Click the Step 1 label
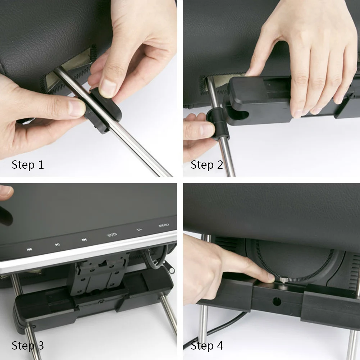[x=28, y=165]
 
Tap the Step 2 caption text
[x=207, y=165]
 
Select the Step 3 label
[x=28, y=346]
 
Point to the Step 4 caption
[x=207, y=346]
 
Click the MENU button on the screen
[x=164, y=225]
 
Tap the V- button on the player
[x=140, y=229]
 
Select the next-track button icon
[x=84, y=240]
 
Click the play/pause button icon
[x=58, y=245]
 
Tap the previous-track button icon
[x=29, y=250]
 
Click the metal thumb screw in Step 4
[x=283, y=280]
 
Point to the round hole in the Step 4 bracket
[x=277, y=302]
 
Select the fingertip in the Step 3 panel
[x=6, y=191]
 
